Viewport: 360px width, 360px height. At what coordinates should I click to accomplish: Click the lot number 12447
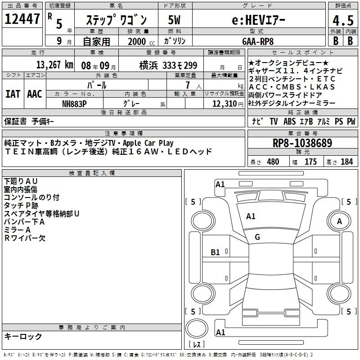click(22, 19)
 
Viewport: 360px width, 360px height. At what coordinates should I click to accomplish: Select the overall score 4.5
click(343, 20)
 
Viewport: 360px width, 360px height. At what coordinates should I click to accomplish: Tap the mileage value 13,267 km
click(55, 65)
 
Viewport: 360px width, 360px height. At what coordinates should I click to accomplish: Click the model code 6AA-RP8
click(258, 41)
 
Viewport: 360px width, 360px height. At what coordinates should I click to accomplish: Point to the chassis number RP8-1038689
click(302, 143)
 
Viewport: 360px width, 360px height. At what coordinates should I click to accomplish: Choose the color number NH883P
click(74, 104)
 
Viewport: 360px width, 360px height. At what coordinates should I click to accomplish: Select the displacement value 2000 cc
click(141, 42)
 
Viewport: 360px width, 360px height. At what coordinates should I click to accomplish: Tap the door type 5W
click(174, 20)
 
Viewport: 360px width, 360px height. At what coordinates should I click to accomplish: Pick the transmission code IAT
click(13, 94)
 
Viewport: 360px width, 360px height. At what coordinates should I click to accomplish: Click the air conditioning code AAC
click(35, 94)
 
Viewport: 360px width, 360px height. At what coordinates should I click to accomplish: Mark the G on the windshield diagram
click(257, 237)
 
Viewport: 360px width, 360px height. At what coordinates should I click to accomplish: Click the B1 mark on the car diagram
click(215, 252)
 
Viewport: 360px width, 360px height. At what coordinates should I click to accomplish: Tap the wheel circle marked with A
click(339, 221)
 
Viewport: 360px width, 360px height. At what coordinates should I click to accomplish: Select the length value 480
click(273, 162)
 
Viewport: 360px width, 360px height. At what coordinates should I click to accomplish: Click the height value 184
click(346, 162)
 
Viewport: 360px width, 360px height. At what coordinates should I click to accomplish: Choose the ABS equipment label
click(289, 121)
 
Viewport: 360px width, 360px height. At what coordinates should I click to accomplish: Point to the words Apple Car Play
click(148, 143)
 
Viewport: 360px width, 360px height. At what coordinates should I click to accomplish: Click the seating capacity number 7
click(188, 85)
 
